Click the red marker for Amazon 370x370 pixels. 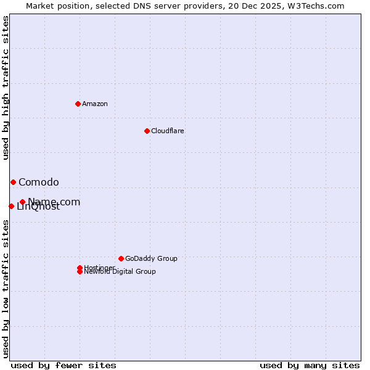[x=78, y=104]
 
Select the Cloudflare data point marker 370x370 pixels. [x=147, y=131]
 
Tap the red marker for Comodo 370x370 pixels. [x=13, y=182]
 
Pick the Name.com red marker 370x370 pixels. [x=22, y=202]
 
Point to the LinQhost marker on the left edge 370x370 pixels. [x=11, y=206]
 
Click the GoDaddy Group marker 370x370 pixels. [x=121, y=258]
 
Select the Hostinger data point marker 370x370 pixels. [x=80, y=268]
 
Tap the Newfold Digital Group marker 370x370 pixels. [x=80, y=272]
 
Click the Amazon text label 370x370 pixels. [x=95, y=104]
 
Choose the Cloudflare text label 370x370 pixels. [x=168, y=131]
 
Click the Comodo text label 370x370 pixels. [x=39, y=182]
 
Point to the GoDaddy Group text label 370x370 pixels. [x=151, y=258]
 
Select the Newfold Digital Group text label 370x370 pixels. [x=120, y=272]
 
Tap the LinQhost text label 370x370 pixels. [x=38, y=207]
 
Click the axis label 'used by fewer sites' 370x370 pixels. [x=64, y=365]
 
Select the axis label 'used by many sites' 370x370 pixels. [x=310, y=365]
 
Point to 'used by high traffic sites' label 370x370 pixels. [x=6, y=88]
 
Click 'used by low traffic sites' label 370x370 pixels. [x=6, y=289]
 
